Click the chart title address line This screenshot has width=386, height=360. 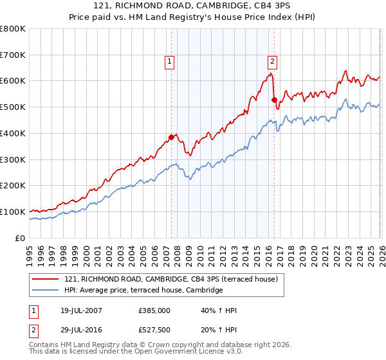coord(193,6)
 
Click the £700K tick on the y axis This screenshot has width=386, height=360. coord(13,55)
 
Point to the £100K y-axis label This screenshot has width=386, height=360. coord(13,212)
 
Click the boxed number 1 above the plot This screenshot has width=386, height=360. coord(169,62)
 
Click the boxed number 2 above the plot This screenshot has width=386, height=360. coord(272,62)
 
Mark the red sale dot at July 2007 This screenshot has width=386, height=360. coord(172,137)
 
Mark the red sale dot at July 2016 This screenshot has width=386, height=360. coord(274,100)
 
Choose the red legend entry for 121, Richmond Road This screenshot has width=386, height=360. coord(170,279)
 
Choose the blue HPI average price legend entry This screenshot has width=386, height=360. coord(143,291)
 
